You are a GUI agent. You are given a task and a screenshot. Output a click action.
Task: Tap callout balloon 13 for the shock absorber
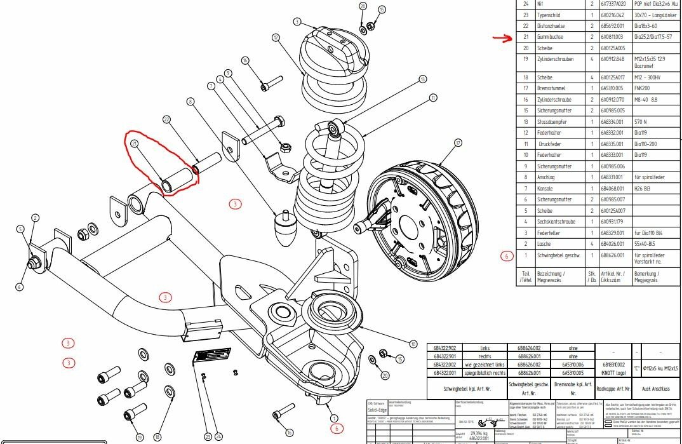(x=422, y=79)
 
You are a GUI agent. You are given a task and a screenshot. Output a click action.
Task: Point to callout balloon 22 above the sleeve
(x=167, y=119)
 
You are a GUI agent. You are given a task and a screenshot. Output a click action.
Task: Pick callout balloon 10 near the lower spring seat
(x=413, y=343)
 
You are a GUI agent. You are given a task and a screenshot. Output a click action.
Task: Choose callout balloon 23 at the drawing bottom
(x=207, y=437)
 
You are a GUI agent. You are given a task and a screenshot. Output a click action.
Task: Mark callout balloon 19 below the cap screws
(x=140, y=437)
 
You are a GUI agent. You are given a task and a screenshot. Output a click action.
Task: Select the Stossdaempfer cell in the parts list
(x=552, y=121)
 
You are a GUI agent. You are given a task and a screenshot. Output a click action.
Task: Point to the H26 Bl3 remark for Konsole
(x=646, y=188)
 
